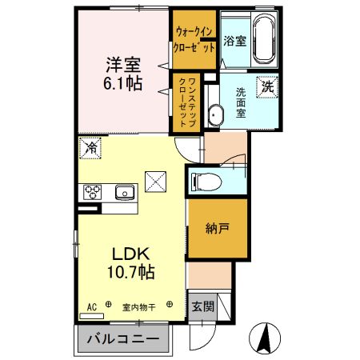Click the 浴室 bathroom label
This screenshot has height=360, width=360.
[x=234, y=40]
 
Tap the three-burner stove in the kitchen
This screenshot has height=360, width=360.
[x=91, y=192]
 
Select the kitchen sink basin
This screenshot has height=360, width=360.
[x=124, y=192]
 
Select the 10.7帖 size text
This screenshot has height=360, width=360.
[x=126, y=271]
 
